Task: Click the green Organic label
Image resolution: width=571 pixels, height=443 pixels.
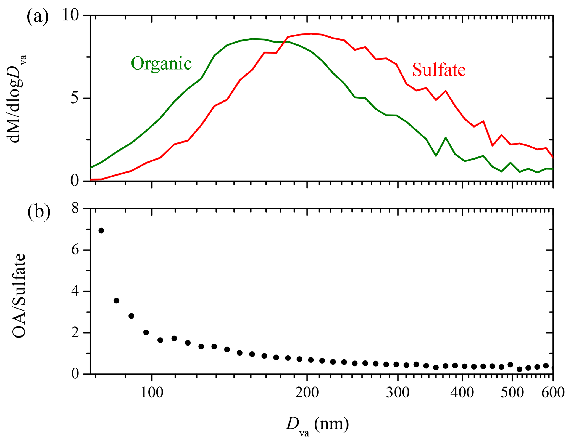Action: click(x=161, y=63)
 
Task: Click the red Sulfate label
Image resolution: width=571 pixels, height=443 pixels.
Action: click(x=439, y=70)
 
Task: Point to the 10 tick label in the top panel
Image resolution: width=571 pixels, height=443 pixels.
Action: click(x=70, y=15)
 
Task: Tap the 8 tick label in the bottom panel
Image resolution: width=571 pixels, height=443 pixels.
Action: click(x=75, y=208)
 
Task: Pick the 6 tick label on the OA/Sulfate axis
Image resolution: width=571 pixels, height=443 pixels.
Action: click(x=75, y=250)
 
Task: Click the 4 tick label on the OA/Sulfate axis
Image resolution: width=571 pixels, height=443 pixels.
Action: click(x=75, y=291)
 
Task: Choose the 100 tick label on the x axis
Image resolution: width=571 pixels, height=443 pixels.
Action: click(x=152, y=392)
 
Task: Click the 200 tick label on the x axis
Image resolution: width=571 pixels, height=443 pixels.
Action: click(x=307, y=392)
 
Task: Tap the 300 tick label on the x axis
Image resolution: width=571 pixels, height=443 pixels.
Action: click(x=398, y=392)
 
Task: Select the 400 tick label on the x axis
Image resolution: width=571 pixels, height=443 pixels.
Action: click(x=462, y=392)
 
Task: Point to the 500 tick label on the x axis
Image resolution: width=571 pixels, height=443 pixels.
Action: click(x=512, y=392)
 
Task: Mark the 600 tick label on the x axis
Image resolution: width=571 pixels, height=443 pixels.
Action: click(x=553, y=392)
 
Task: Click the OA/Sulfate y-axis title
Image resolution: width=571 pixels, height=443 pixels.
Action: click(x=19, y=295)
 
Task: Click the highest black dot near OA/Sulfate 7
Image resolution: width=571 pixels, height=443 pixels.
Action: click(x=101, y=230)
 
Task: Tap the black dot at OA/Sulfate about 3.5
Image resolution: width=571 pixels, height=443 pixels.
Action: click(x=116, y=301)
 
